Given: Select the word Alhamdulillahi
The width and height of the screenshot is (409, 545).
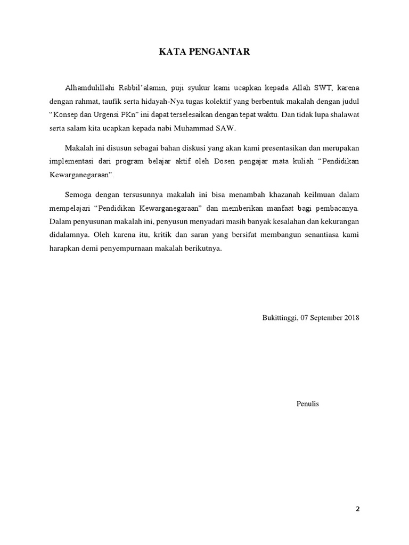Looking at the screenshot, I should [88, 87].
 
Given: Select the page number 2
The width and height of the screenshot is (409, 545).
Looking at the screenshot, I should [358, 509].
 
